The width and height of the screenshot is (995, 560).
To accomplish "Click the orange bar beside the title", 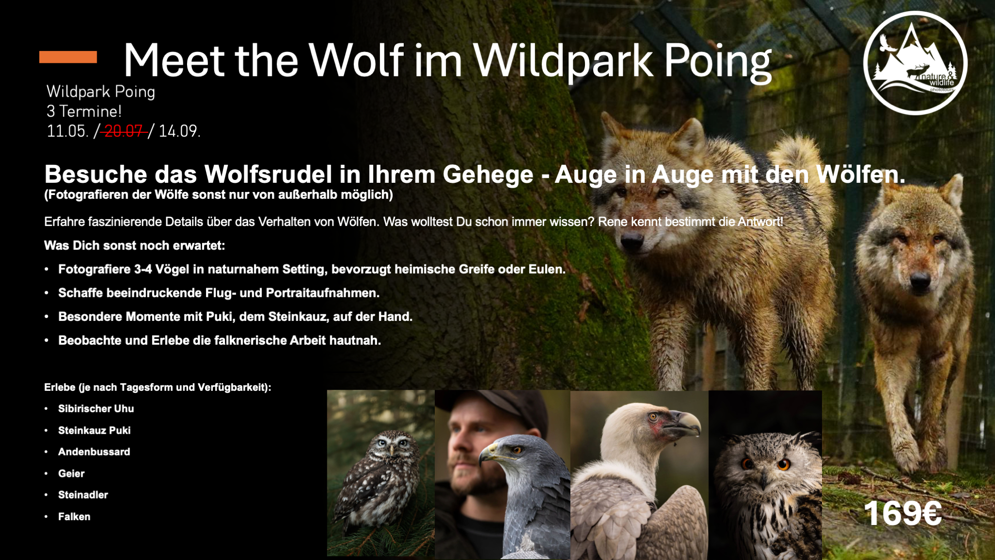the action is coord(68,57).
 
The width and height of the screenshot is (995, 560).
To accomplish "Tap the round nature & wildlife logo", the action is coord(915,63).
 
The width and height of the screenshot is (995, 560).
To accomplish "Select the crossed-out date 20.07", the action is coord(124,131).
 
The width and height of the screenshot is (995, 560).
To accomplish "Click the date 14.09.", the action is coord(179,131).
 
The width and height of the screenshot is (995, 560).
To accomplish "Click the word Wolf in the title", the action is coord(356,60).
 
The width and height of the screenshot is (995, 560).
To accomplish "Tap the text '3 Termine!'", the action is coord(84,111).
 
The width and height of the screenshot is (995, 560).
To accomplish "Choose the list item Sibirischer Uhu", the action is coord(96,409).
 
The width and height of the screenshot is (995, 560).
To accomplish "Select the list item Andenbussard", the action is coord(94,452).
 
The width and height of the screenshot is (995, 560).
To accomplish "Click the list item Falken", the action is coord(74,517).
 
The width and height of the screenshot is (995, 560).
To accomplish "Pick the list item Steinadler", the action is coord(83,495).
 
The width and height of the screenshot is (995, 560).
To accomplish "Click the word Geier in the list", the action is coord(71,473).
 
